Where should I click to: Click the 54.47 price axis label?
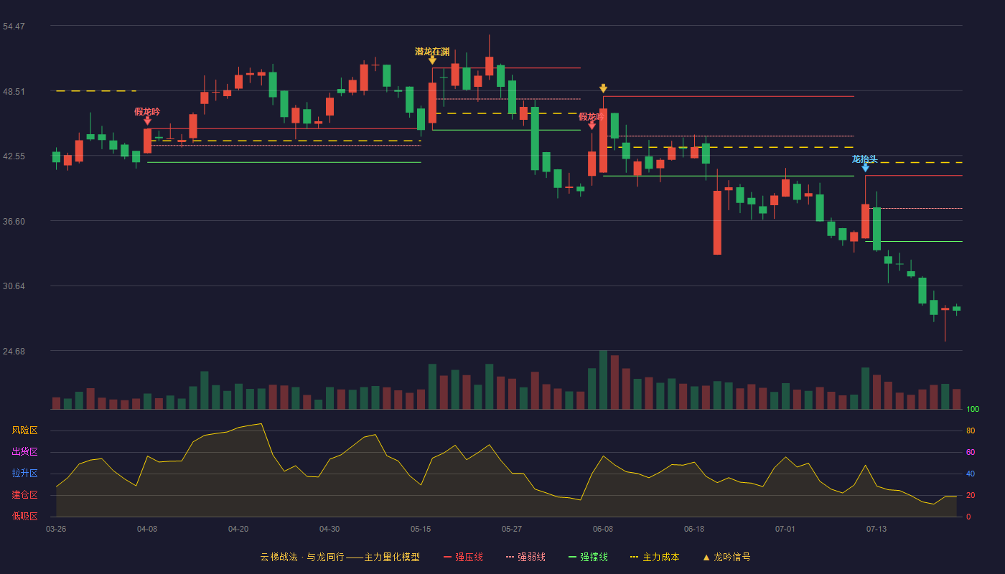[14, 27]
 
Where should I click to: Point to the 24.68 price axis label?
[14, 351]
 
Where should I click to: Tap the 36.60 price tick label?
[14, 222]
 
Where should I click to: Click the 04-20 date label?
[238, 530]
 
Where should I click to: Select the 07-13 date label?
[877, 530]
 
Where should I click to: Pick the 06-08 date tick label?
[603, 530]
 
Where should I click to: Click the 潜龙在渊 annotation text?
[432, 52]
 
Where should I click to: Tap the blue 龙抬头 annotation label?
[864, 159]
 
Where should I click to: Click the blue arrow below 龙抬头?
[866, 168]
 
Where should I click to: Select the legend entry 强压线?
[463, 557]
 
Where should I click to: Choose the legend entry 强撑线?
[588, 557]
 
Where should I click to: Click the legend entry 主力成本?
[655, 557]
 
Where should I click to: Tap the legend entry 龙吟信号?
[726, 557]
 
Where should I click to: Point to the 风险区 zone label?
[24, 430]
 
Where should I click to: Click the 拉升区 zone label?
[24, 474]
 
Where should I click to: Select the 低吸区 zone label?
[24, 517]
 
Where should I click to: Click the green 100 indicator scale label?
[973, 409]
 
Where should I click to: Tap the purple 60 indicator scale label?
[971, 452]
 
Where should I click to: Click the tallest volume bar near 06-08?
[604, 380]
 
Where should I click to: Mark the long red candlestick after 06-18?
[717, 223]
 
